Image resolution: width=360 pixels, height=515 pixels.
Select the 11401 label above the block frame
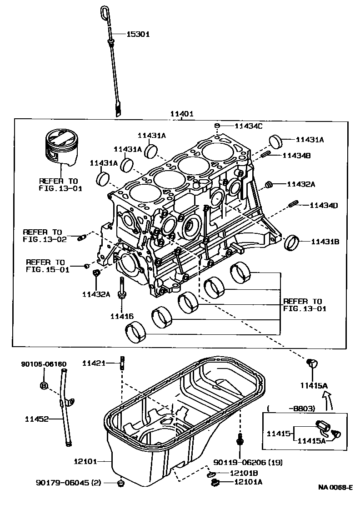[182, 114]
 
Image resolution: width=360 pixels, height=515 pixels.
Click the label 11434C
[249, 126]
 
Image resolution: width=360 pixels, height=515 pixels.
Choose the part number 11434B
[296, 156]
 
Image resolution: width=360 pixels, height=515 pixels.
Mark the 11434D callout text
[324, 206]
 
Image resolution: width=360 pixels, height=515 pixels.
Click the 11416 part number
[122, 315]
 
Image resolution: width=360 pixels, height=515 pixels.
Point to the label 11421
[94, 363]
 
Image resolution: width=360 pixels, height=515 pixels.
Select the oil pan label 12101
[85, 461]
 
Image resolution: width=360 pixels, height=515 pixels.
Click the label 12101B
[244, 473]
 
